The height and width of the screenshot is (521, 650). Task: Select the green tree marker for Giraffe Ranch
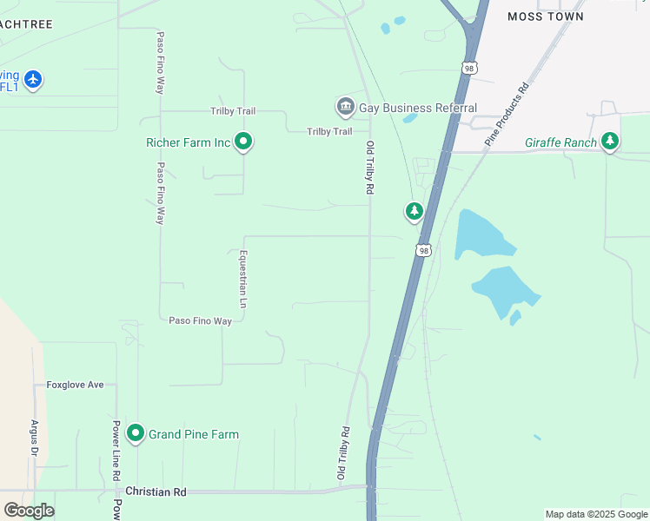coord(610,141)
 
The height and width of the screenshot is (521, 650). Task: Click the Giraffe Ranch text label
coord(560,142)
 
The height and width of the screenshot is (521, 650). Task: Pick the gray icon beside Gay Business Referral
coord(345,108)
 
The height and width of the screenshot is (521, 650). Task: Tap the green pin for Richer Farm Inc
coord(243,141)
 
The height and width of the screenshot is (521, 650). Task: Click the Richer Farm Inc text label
coord(188,142)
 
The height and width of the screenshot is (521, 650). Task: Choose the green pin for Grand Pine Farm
coord(135,432)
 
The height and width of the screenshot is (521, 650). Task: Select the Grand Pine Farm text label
coord(193,434)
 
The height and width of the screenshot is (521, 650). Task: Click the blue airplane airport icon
coord(33,80)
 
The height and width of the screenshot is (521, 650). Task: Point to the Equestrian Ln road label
coord(243,280)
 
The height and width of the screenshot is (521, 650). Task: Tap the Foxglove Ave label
coord(75,385)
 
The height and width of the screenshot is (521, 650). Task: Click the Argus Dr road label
coord(35,439)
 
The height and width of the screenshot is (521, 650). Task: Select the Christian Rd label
coord(156,491)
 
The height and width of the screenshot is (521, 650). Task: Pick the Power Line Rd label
coord(115,452)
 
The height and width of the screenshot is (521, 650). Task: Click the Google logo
coord(29,511)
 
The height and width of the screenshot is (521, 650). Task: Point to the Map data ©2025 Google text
coord(596,514)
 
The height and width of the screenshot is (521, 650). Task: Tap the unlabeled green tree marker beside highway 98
coord(415,211)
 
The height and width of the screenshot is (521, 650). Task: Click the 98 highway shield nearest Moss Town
coord(469,69)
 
